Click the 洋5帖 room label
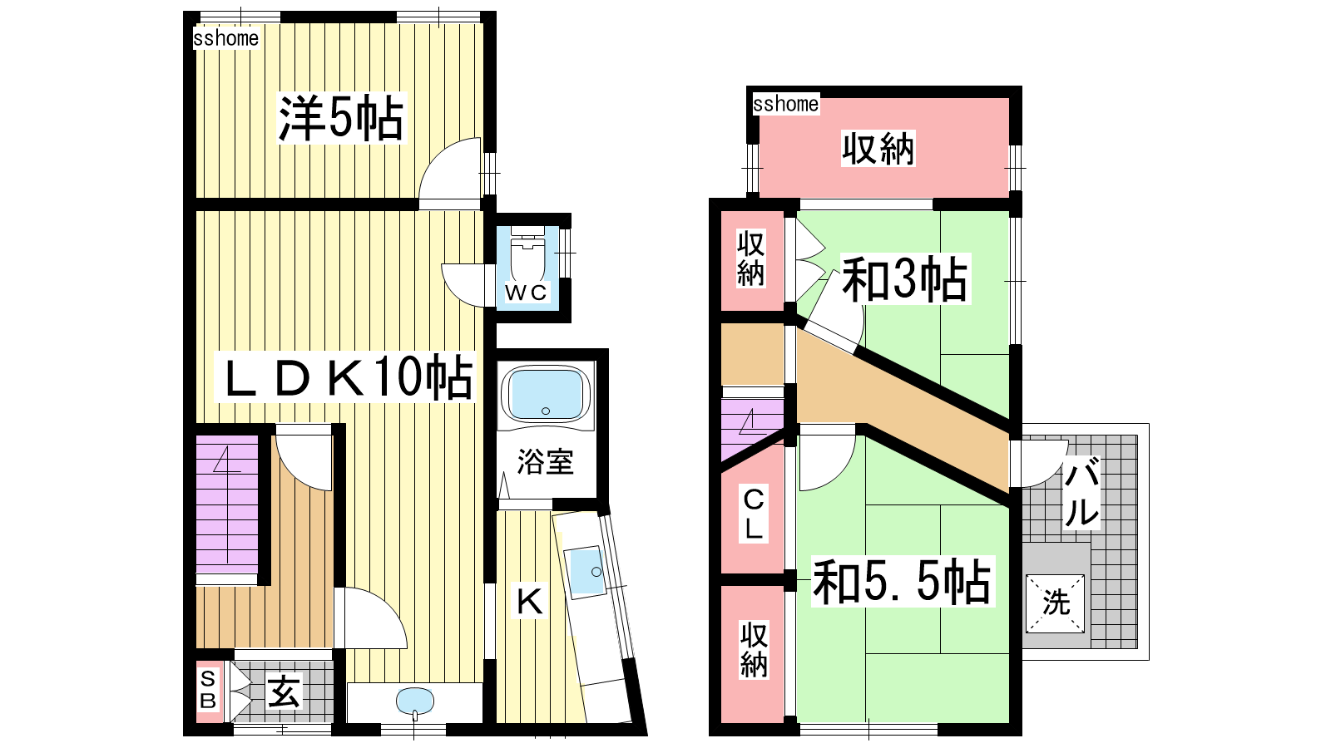(x=341, y=118)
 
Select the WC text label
(x=526, y=292)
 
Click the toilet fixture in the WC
(x=527, y=254)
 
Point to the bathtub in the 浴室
(x=546, y=394)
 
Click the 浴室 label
(x=546, y=462)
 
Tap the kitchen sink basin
(x=586, y=571)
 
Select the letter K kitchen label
(x=529, y=602)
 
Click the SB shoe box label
(x=208, y=690)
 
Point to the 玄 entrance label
(x=284, y=691)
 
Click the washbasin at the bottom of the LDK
(x=415, y=701)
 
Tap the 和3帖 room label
(x=905, y=279)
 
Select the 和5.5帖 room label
(x=902, y=582)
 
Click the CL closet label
(x=754, y=514)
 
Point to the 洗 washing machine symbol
(x=1056, y=603)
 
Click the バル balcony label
(x=1081, y=491)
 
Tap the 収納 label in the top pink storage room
(x=878, y=149)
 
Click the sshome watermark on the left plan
(x=225, y=38)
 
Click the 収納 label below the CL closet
(x=754, y=650)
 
